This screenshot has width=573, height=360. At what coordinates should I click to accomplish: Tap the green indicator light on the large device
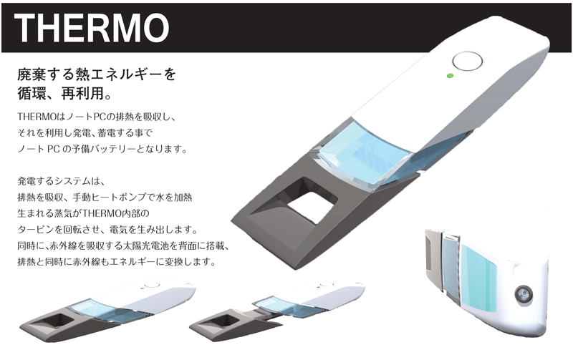pos(449,74)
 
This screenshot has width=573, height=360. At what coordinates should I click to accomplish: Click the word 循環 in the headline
pos(33,94)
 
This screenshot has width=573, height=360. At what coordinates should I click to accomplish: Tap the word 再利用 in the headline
pos(85,94)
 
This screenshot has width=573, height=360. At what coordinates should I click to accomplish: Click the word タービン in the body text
pos(44,229)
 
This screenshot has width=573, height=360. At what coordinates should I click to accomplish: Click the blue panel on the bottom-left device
pos(100,308)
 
